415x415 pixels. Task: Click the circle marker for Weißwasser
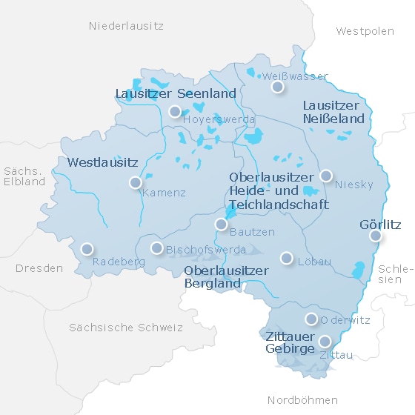pyautogui.click(x=277, y=87)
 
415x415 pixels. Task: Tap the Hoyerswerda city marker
pyautogui.click(x=175, y=112)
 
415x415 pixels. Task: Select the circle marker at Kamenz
pyautogui.click(x=135, y=182)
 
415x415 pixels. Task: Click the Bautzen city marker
pyautogui.click(x=221, y=225)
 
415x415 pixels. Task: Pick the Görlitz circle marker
pyautogui.click(x=376, y=236)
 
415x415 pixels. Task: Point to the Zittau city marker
pyautogui.click(x=325, y=342)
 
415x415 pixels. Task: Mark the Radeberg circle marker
pyautogui.click(x=87, y=249)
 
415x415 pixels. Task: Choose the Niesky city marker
pyautogui.click(x=325, y=176)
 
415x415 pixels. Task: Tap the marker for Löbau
pyautogui.click(x=287, y=258)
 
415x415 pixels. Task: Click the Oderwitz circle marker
pyautogui.click(x=311, y=319)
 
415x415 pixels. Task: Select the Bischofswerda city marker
pyautogui.click(x=156, y=248)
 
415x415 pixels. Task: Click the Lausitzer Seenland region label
pyautogui.click(x=176, y=93)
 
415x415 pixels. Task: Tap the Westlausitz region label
pyautogui.click(x=102, y=162)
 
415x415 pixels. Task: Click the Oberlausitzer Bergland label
pyautogui.click(x=226, y=277)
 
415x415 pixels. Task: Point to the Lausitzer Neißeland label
pyautogui.click(x=334, y=112)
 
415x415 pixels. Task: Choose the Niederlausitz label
pyautogui.click(x=126, y=26)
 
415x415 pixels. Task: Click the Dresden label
pyautogui.click(x=39, y=268)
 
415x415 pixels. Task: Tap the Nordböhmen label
pyautogui.click(x=302, y=400)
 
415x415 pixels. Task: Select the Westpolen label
pyautogui.click(x=365, y=31)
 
